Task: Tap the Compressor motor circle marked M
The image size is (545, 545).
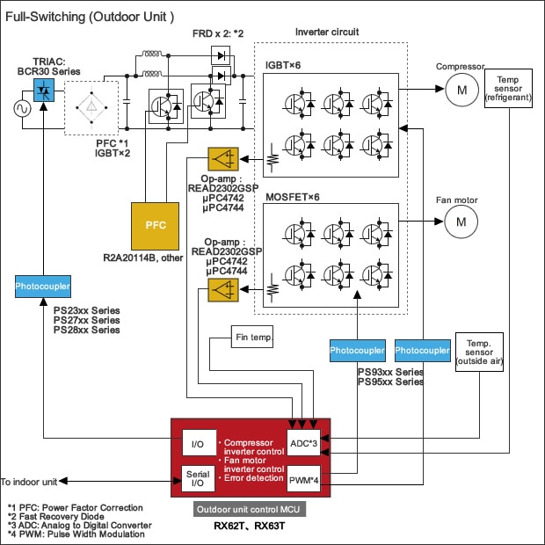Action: pyautogui.click(x=457, y=88)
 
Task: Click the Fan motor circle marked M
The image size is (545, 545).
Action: pyautogui.click(x=457, y=224)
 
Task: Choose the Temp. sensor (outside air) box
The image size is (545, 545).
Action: pyautogui.click(x=479, y=352)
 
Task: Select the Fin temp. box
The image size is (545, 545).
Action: pyautogui.click(x=254, y=337)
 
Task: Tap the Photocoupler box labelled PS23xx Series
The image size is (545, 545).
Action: pyautogui.click(x=42, y=287)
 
